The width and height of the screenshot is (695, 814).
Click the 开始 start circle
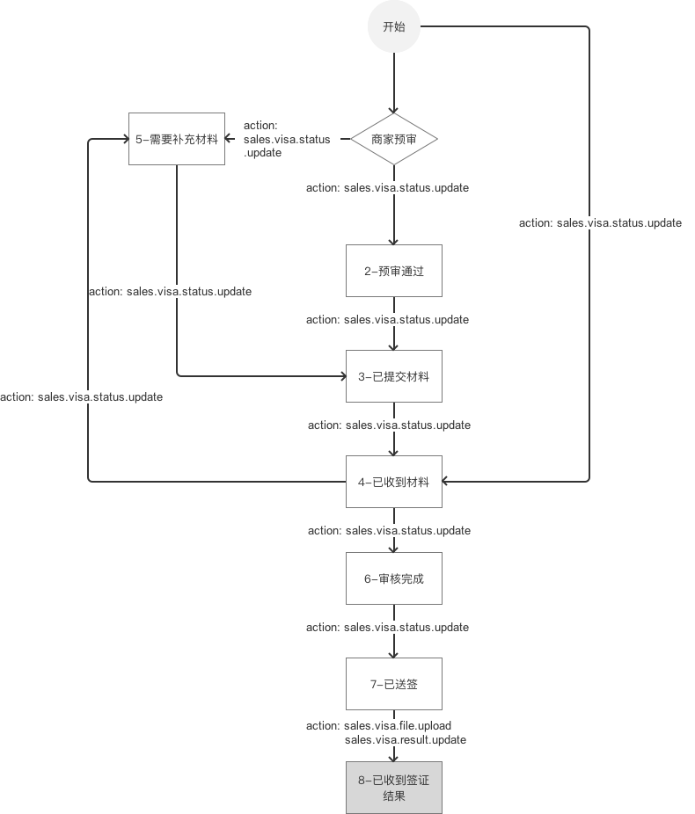click(394, 26)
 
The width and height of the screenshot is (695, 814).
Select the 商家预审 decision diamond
click(394, 139)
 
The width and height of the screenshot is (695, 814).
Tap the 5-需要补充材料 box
click(177, 139)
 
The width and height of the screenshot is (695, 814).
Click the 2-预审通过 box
click(394, 271)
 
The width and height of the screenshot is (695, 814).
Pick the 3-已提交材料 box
click(394, 376)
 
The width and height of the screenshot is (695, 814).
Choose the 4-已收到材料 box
click(394, 482)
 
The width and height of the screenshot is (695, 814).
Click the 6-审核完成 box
click(394, 578)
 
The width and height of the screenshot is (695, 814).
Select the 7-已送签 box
click(394, 683)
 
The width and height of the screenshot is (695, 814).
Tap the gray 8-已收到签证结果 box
click(394, 788)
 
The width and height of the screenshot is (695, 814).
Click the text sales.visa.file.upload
click(398, 725)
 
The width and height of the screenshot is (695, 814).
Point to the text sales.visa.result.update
click(406, 740)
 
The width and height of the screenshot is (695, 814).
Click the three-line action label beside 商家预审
click(287, 139)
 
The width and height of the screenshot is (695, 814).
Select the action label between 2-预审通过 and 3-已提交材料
click(387, 320)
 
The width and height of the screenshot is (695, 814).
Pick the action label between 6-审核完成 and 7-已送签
click(387, 628)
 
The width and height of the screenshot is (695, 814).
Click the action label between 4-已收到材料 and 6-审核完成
click(389, 531)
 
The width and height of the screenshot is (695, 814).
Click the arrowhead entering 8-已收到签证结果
click(394, 757)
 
